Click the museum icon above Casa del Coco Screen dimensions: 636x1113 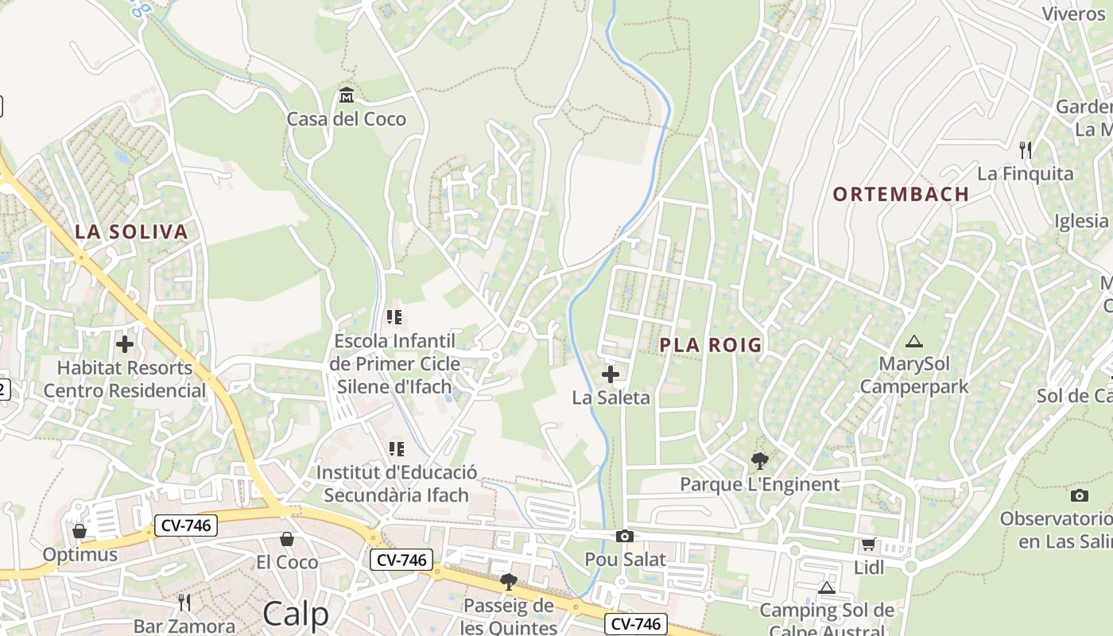point(347,96)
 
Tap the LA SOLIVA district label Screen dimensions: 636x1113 point(131,232)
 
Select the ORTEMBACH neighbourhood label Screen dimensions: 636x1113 point(901,194)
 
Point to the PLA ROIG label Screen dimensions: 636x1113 point(711,345)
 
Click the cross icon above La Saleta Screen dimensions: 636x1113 point(611,374)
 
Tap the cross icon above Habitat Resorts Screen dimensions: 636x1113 point(125,344)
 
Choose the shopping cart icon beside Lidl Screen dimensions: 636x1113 point(868,545)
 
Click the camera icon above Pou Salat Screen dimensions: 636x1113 point(625,537)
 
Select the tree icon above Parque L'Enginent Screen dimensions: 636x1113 point(760,460)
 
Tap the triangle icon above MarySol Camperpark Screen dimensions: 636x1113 point(914,342)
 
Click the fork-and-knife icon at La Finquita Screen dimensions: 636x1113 point(1026,149)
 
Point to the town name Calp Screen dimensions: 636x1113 point(295,614)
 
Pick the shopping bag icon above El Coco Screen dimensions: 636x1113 point(287,540)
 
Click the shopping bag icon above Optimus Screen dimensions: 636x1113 point(79,531)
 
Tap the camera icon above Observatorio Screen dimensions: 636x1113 point(1079,496)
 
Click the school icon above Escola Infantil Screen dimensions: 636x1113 point(394,318)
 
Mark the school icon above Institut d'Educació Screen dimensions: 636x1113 point(396,450)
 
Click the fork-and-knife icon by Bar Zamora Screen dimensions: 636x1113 point(184,602)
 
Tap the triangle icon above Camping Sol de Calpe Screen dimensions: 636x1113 point(826,588)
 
